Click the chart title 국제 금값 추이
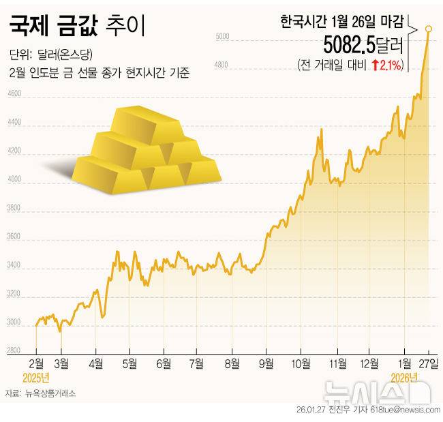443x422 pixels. click(x=76, y=28)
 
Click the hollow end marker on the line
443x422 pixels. click(x=429, y=29)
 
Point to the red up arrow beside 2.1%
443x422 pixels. click(x=375, y=65)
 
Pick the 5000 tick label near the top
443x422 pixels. click(x=222, y=36)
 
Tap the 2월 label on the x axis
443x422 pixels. click(x=37, y=363)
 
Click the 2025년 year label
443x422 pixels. click(x=36, y=376)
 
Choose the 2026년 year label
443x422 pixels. click(x=404, y=376)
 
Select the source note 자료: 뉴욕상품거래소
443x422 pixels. click(x=40, y=393)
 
